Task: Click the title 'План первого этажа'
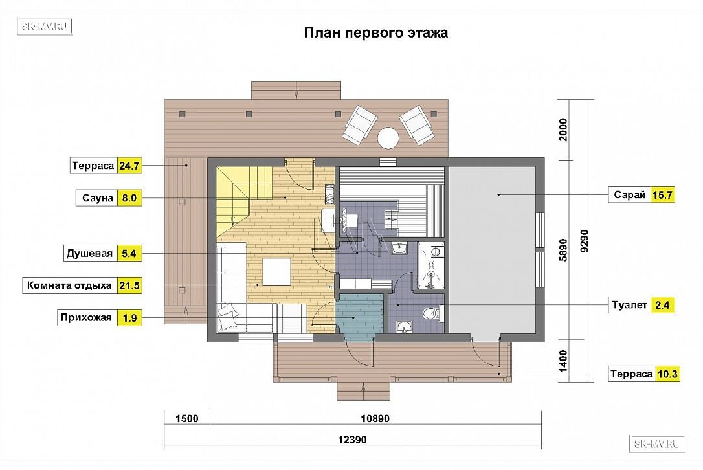click(375, 33)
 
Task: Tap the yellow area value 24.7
click(129, 166)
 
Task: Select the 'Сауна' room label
click(97, 198)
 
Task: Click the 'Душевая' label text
click(89, 253)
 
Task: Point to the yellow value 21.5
click(129, 285)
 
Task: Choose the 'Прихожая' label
click(86, 317)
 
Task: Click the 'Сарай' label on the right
click(629, 195)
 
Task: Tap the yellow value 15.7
click(662, 195)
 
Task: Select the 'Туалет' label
click(629, 305)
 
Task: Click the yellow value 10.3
click(667, 374)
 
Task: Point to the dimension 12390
click(352, 440)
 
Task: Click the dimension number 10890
click(375, 418)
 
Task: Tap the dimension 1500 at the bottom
click(186, 418)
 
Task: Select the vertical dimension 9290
click(584, 241)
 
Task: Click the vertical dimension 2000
click(563, 129)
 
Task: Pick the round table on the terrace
click(388, 138)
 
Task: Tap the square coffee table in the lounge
click(276, 272)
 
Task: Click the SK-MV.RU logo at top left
click(45, 26)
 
